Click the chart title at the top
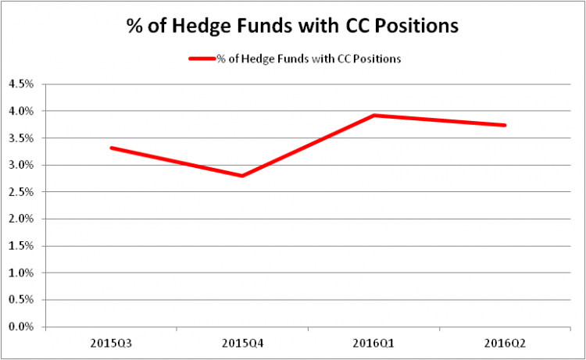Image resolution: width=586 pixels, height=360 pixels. coord(292,25)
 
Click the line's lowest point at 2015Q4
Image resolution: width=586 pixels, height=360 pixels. coord(242,176)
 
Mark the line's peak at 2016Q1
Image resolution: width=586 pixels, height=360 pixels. coord(374,116)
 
